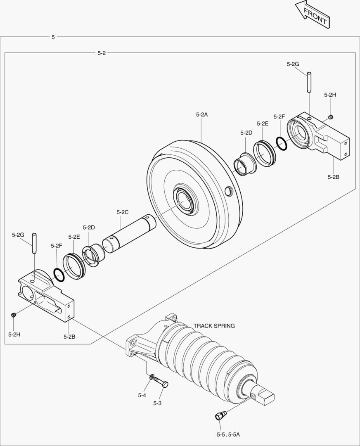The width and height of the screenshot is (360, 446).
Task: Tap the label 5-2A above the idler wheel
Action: pyautogui.click(x=201, y=115)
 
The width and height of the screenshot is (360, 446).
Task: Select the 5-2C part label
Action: pyautogui.click(x=123, y=212)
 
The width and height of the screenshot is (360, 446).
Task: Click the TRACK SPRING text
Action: pyautogui.click(x=214, y=326)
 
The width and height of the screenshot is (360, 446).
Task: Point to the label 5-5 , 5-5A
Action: pyautogui.click(x=228, y=434)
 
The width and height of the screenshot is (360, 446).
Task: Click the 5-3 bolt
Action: pyautogui.click(x=161, y=383)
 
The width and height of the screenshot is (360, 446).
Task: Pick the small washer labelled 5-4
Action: pyautogui.click(x=152, y=377)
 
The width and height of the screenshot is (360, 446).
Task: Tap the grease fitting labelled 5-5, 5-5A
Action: pyautogui.click(x=220, y=415)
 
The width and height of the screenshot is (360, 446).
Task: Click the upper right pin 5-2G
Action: pyautogui.click(x=309, y=83)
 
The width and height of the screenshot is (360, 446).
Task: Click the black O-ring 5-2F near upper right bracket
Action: pyautogui.click(x=281, y=144)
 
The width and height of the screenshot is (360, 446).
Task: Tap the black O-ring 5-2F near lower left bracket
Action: pyautogui.click(x=59, y=275)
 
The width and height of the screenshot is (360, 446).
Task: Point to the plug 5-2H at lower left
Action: pyautogui.click(x=14, y=316)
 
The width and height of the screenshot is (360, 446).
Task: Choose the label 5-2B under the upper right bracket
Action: pyautogui.click(x=333, y=177)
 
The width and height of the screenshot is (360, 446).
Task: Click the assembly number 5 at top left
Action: pyautogui.click(x=53, y=37)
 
